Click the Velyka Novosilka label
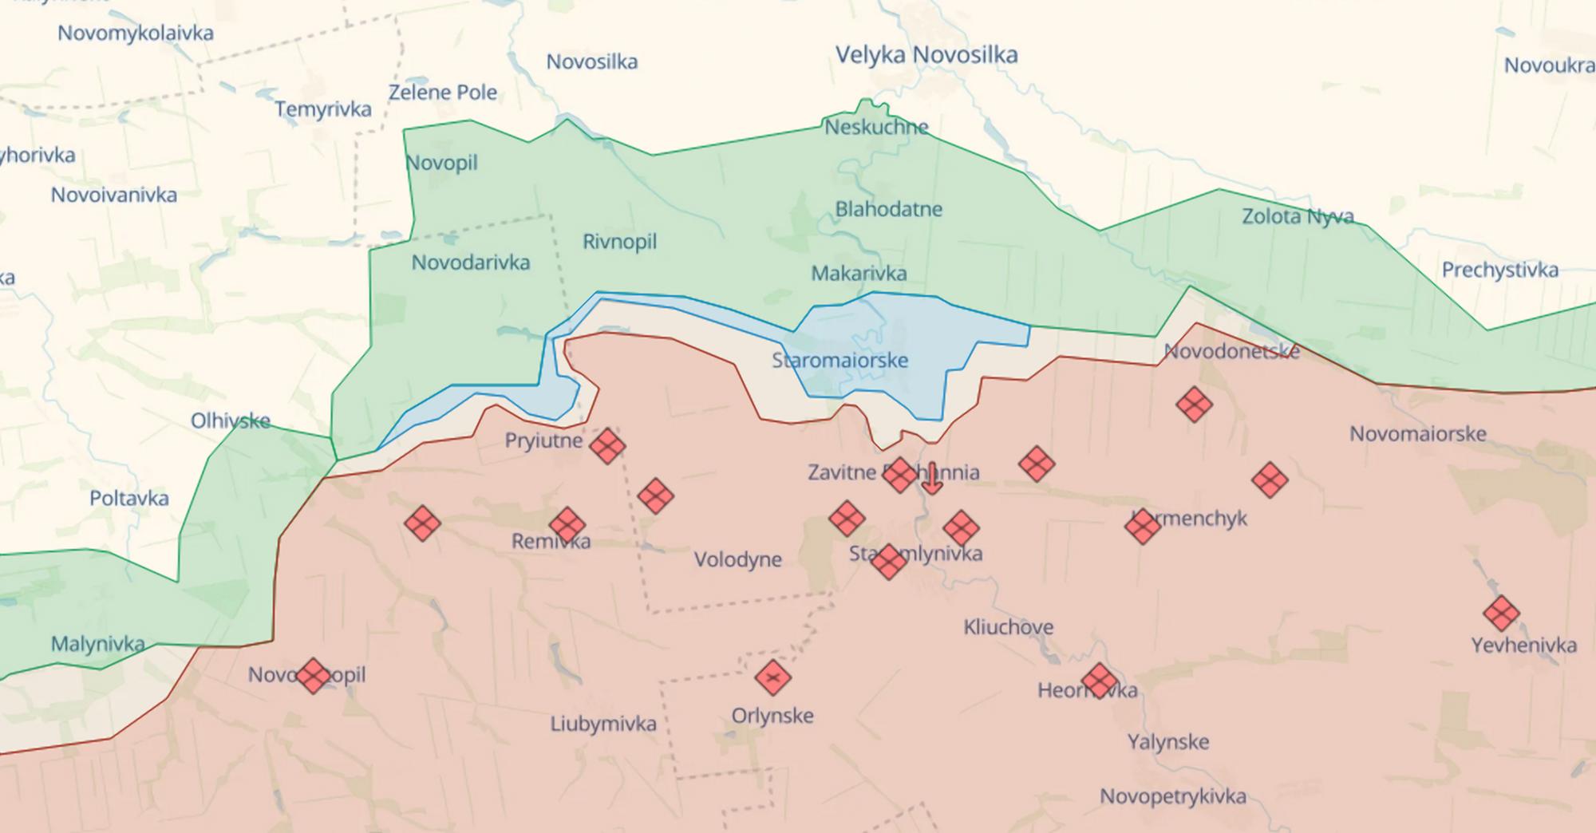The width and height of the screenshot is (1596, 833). pos(926,55)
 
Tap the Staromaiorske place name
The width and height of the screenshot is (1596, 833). pos(839,360)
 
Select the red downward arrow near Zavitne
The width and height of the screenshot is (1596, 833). pos(931,479)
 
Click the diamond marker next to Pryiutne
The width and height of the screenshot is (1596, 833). pos(607,446)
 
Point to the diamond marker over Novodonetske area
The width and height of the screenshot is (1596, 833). pos(1194,405)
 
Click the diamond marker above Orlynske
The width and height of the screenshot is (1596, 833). pos(772,678)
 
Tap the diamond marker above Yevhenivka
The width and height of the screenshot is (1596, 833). pos(1501,614)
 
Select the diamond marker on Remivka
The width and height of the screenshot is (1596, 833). pos(567,525)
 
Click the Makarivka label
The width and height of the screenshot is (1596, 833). pos(859,274)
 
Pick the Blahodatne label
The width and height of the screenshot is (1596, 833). pos(888,209)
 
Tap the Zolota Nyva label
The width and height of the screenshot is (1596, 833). pos(1298,216)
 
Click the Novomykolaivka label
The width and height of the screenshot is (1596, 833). pos(136,34)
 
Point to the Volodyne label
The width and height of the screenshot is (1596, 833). pos(737,559)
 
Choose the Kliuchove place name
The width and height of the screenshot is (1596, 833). pos(1008,627)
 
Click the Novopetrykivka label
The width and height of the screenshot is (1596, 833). pos(1172,796)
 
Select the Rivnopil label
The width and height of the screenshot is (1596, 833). pos(619,242)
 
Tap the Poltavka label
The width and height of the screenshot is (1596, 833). pos(129,499)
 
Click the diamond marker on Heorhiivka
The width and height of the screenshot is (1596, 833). pos(1099,681)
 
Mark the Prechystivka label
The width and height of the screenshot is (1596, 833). pos(1499,270)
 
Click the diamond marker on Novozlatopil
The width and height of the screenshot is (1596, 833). pos(313,676)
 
